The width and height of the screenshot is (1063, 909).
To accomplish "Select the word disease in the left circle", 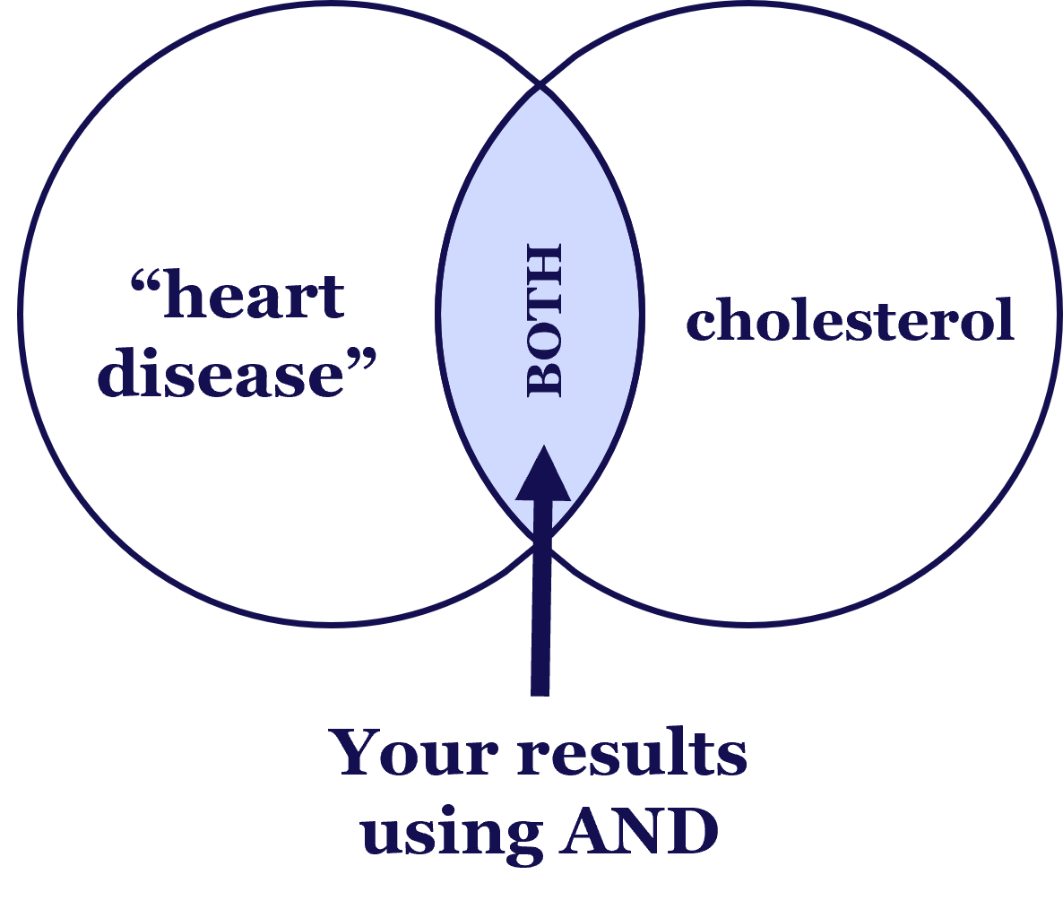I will point(220,374).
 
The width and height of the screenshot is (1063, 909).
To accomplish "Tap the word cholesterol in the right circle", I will point(850,320).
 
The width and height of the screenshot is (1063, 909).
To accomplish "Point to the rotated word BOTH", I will point(543,320).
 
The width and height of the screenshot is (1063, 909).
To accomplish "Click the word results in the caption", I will point(633,754).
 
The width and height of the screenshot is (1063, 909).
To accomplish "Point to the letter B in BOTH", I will point(543,380).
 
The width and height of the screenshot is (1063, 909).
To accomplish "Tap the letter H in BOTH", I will point(543,259).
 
